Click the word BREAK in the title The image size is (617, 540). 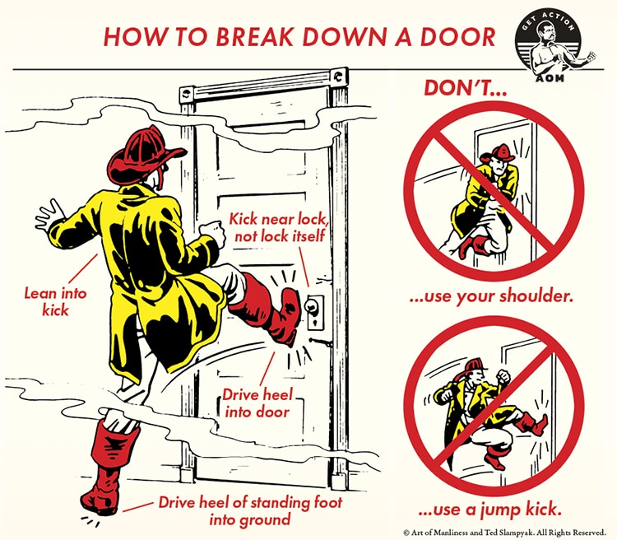[255, 36]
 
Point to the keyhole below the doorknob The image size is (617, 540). [315, 323]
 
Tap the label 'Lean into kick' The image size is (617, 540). [55, 302]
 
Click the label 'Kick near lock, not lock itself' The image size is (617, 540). [277, 227]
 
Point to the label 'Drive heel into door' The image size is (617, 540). [257, 403]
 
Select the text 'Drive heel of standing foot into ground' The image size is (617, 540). [250, 511]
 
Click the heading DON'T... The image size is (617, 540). [465, 87]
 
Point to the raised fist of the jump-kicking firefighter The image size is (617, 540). [503, 377]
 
